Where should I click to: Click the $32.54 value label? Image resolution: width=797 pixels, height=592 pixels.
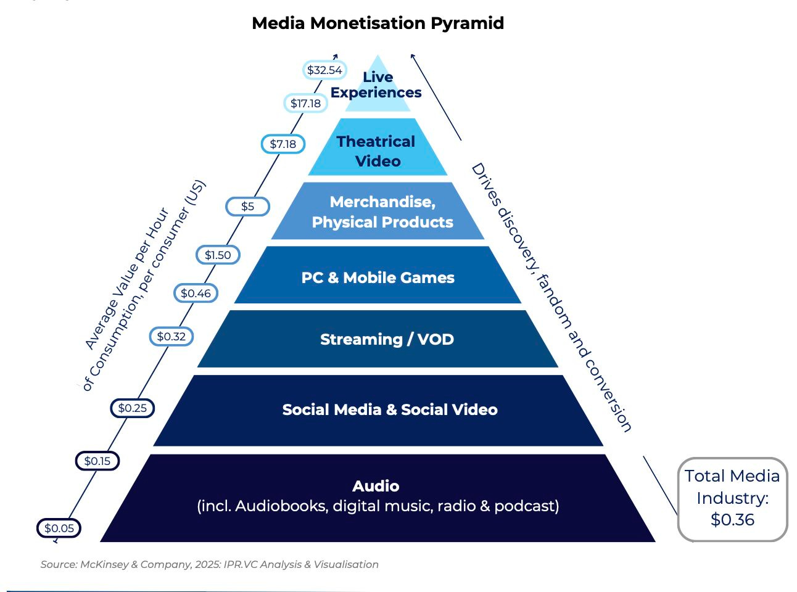[x=324, y=70]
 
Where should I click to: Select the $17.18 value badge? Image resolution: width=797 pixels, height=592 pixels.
[x=305, y=103]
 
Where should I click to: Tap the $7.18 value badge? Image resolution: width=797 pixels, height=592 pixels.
[x=283, y=144]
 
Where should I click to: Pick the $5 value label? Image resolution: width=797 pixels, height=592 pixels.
[x=247, y=206]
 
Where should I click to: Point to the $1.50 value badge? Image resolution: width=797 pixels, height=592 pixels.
[x=218, y=255]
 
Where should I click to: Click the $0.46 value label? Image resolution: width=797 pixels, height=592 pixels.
[x=196, y=293]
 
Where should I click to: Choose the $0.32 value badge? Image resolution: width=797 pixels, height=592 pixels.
[x=171, y=336]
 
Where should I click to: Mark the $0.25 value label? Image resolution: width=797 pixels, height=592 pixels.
[x=132, y=408]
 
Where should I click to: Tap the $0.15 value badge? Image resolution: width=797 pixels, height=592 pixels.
[x=97, y=461]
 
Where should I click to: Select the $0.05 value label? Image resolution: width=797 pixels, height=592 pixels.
[x=59, y=528]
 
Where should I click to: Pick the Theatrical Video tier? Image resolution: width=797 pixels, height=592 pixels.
[x=378, y=151]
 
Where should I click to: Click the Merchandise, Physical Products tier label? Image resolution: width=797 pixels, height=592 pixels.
[x=382, y=212]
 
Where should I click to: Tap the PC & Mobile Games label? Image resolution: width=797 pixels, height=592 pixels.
[x=378, y=277]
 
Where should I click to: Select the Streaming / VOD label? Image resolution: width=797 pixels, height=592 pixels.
[x=387, y=339]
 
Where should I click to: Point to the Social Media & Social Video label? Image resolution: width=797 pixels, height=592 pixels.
[x=389, y=409]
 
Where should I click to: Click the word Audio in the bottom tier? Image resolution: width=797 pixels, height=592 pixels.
[x=376, y=486]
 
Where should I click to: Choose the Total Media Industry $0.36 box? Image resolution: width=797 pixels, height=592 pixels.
[x=732, y=498]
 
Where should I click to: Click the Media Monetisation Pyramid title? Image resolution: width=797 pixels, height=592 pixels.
[x=378, y=23]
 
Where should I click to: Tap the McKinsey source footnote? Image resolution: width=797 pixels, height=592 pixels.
[x=209, y=564]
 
